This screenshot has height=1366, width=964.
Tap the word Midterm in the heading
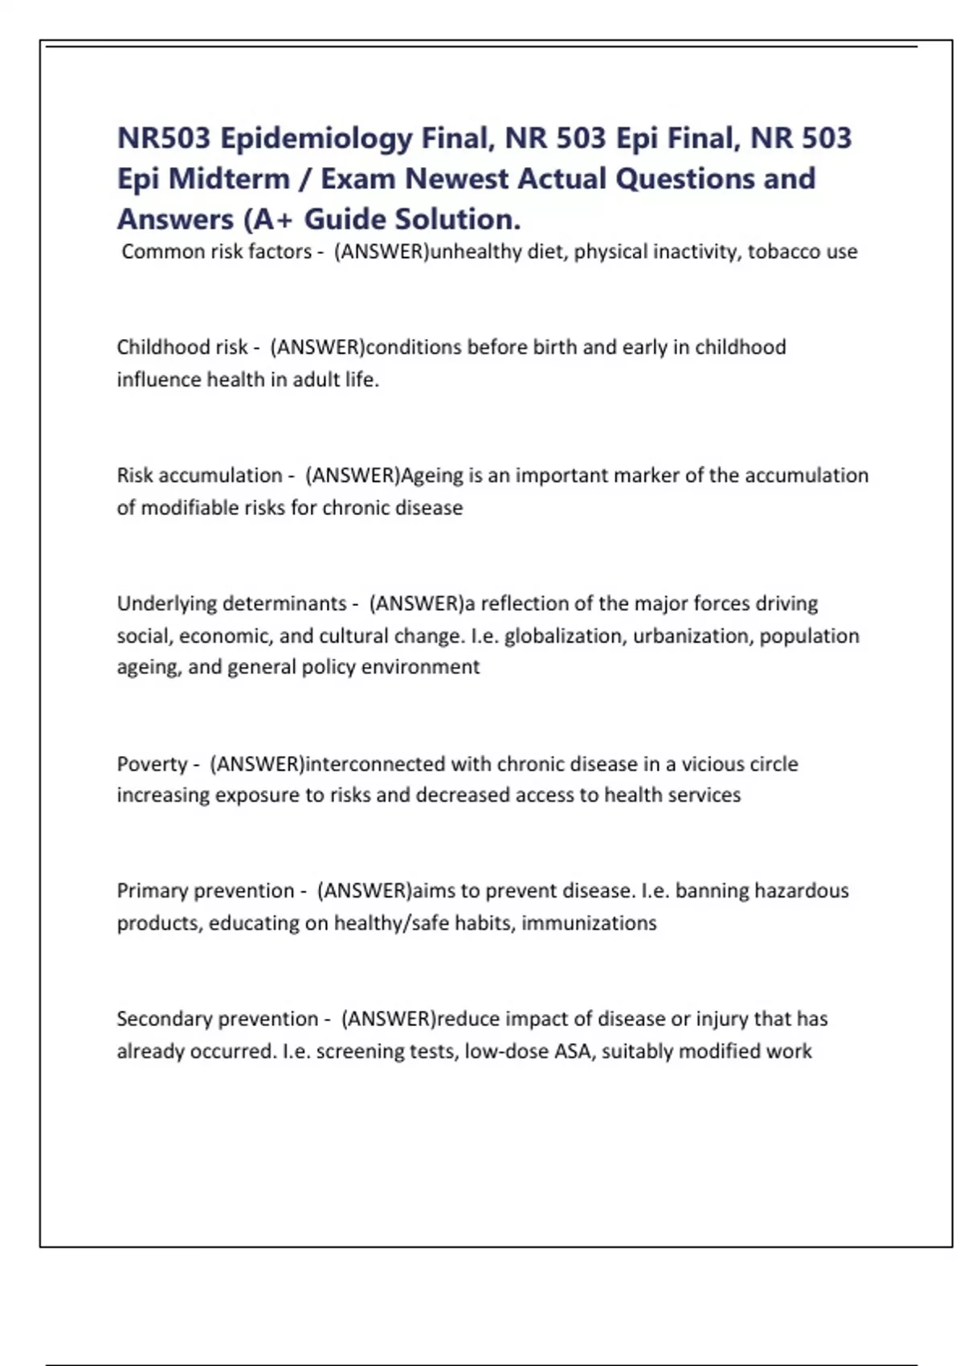coord(230,179)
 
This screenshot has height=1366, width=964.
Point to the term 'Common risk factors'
coord(216,252)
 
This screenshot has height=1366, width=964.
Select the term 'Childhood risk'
coord(182,347)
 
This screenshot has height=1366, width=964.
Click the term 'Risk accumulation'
coord(199,476)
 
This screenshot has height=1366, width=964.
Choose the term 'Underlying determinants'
coord(231,603)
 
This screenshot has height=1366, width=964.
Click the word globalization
coord(563,636)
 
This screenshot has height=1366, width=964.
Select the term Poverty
coord(152,763)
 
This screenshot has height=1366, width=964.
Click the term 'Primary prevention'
coord(206,891)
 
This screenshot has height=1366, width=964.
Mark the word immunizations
coord(589,923)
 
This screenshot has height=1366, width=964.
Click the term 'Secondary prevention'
coord(218,1019)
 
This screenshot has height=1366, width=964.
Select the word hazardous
coord(802,891)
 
